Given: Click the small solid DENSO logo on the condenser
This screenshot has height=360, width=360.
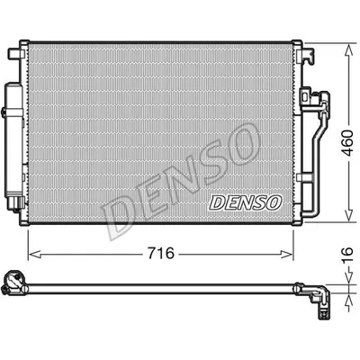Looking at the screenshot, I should pos(245,201).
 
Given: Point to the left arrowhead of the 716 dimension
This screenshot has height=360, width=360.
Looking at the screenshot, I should pos(33,254).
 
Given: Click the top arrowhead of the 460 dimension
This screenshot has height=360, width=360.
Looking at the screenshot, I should pos(346,46).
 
